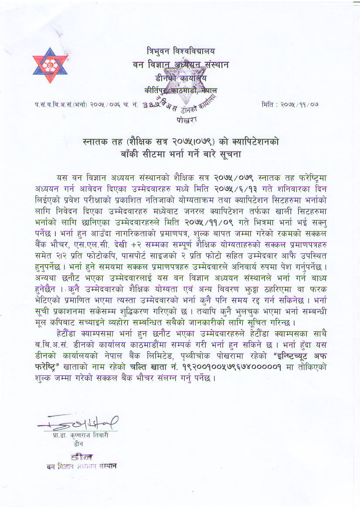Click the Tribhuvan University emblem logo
[51, 67]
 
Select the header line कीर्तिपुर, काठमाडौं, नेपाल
[180, 91]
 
